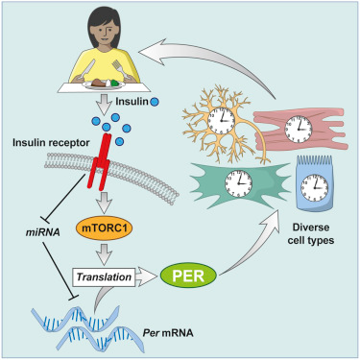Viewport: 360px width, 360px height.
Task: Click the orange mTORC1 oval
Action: click(x=104, y=228)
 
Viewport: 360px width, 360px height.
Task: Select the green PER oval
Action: click(x=188, y=276)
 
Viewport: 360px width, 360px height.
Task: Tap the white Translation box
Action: click(x=104, y=276)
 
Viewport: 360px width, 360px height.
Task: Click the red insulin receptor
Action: click(x=100, y=161)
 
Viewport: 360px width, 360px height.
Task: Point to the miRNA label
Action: click(x=42, y=232)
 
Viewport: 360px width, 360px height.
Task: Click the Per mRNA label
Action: click(x=168, y=333)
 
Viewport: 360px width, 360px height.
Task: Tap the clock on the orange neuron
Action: click(x=221, y=121)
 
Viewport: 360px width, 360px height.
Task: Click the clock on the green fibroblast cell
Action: click(x=238, y=182)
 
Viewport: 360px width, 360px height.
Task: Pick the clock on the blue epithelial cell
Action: click(x=315, y=187)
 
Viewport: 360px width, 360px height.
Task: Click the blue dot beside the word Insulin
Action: click(x=155, y=102)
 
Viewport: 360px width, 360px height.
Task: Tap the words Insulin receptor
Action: click(x=51, y=142)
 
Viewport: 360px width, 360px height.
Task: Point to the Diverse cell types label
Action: click(x=311, y=233)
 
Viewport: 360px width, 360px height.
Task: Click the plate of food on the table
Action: click(x=99, y=84)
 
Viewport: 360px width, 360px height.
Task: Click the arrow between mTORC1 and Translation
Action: click(x=105, y=254)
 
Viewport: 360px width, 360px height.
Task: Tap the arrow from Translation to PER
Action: click(x=147, y=276)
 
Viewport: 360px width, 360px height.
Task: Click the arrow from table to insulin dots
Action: click(x=105, y=105)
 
